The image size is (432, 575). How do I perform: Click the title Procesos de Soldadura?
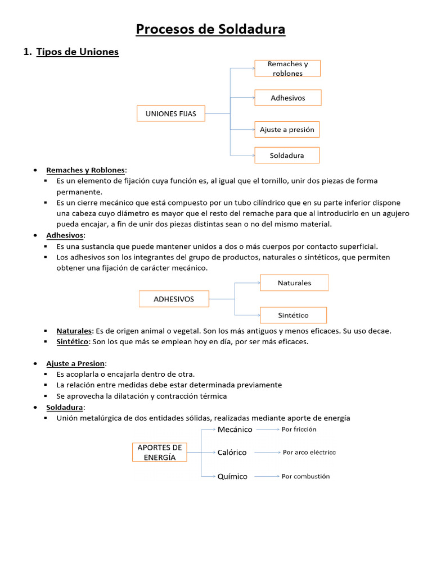coord(210,29)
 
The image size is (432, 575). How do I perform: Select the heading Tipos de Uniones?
coord(78,52)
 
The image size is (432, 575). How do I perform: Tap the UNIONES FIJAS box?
coord(171,113)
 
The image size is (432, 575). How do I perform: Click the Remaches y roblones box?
coord(287,69)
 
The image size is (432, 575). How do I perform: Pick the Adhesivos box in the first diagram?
coord(287,98)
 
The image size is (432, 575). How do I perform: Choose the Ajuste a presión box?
coord(287,130)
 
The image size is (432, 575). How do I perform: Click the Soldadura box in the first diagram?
coord(287,155)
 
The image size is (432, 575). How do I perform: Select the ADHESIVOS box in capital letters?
coord(174,299)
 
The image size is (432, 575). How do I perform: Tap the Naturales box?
coord(294,283)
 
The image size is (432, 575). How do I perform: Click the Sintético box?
coord(293,315)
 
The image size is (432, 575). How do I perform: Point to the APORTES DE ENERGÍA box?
coord(160,453)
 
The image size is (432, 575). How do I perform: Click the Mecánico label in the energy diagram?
coord(235,430)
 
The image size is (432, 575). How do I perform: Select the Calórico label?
coord(232,453)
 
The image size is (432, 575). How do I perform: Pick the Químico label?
coord(232,476)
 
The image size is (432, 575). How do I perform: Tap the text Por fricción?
coord(299,430)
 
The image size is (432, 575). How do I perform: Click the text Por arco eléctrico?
coord(309,453)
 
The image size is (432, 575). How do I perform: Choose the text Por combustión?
coord(305,476)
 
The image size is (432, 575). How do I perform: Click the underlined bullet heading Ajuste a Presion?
coord(75,363)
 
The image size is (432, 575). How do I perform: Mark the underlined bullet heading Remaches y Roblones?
coord(86,170)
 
